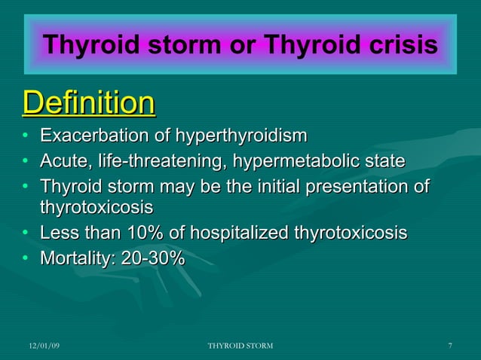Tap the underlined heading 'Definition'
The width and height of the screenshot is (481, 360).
point(89,103)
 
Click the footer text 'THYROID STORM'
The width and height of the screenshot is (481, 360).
point(240,346)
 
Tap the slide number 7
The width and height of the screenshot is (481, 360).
point(449,346)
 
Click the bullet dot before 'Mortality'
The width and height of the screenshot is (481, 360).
point(26,258)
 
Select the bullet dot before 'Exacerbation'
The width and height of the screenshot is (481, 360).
point(26,137)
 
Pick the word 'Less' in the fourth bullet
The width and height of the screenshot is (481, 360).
point(57,233)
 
